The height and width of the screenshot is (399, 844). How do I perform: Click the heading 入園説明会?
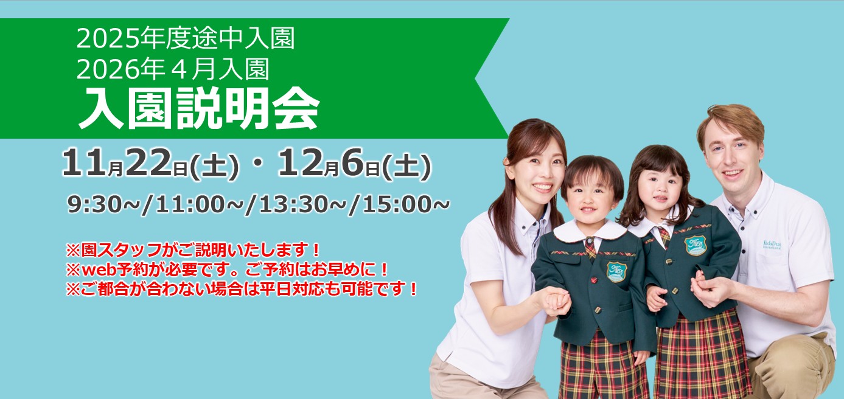[x=199, y=108]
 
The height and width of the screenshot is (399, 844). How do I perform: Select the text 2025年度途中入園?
[x=186, y=38]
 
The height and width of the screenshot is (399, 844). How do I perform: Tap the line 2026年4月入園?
[x=173, y=69]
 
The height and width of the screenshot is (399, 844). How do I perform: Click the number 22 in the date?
[x=148, y=162]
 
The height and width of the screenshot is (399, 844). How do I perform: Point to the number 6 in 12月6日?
[x=353, y=162]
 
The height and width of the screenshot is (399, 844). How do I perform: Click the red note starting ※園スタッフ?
[x=193, y=249]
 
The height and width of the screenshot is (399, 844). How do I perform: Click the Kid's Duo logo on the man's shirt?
[x=772, y=244]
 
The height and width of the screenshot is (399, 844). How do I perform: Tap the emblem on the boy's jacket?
[x=617, y=272]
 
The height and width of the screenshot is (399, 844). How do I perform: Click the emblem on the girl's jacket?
[x=696, y=245]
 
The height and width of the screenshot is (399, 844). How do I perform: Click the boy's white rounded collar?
[x=590, y=231]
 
